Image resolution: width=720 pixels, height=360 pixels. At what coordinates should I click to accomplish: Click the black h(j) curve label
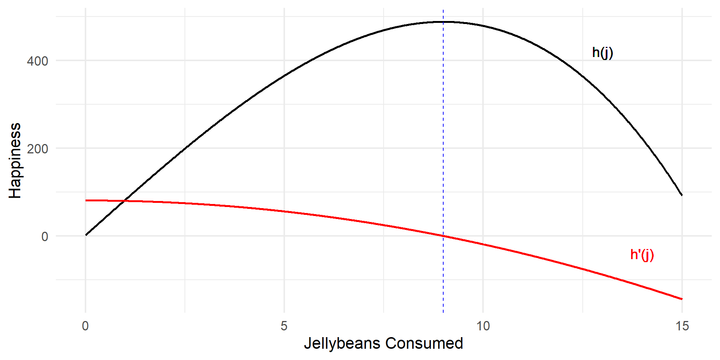tap(602, 52)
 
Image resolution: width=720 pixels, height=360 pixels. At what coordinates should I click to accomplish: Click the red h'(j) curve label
tap(642, 255)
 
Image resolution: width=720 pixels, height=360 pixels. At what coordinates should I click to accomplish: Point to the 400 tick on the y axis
tap(37, 61)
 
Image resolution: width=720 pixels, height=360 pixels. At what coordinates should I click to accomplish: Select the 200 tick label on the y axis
tap(37, 148)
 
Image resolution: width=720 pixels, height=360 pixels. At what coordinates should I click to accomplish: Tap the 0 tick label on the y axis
tap(45, 236)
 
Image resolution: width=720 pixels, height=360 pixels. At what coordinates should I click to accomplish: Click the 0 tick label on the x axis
tap(85, 326)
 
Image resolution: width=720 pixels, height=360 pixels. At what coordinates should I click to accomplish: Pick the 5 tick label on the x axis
tap(284, 326)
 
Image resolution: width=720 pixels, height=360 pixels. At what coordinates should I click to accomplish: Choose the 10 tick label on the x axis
tap(483, 326)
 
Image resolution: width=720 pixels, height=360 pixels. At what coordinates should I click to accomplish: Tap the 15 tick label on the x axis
tap(682, 326)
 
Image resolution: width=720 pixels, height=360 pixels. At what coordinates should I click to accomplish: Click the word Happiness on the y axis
tap(15, 160)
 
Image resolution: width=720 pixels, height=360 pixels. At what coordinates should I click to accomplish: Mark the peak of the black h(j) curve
tap(443, 22)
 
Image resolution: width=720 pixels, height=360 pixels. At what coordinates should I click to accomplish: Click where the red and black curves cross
tap(125, 201)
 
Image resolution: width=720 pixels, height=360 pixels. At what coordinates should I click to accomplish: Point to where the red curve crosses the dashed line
tap(443, 236)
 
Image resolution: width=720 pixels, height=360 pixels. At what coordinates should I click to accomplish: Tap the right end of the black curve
tap(682, 195)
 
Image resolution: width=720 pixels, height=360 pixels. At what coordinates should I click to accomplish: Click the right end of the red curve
tap(682, 299)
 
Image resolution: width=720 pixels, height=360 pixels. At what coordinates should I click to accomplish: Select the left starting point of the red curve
tap(86, 201)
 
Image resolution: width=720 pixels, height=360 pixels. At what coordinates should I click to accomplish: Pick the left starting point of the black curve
tap(86, 235)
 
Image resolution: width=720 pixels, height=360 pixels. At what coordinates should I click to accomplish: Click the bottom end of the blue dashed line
tap(443, 312)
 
